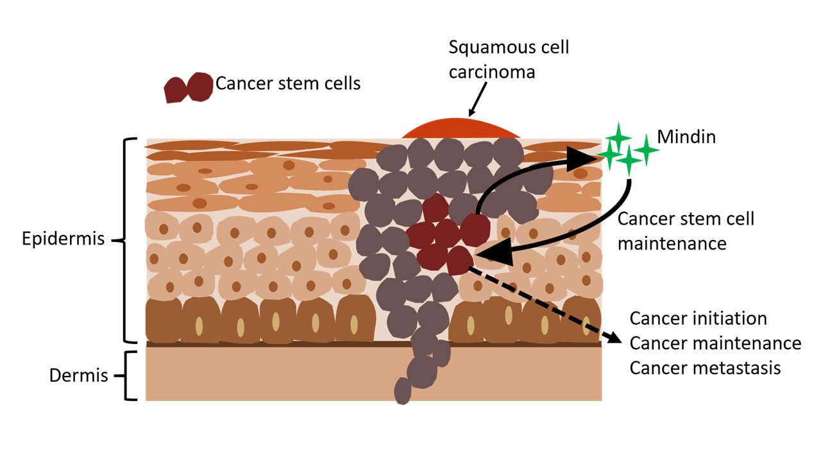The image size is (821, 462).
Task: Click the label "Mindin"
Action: click(686, 137)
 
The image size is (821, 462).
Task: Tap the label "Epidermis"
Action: click(63, 239)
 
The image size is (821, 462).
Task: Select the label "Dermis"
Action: click(78, 375)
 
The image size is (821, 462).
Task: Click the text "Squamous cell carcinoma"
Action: click(499, 59)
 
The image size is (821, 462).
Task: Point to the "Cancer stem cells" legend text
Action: click(288, 83)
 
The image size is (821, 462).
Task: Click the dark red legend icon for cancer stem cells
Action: click(188, 88)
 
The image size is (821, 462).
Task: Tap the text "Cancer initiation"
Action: click(698, 319)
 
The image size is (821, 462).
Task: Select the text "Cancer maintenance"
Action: click(715, 343)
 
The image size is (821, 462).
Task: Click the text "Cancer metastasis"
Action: click(705, 368)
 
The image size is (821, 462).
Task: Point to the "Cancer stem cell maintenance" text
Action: click(685, 231)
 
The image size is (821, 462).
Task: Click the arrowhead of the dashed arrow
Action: click(615, 338)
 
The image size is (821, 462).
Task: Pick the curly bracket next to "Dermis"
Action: click(131, 375)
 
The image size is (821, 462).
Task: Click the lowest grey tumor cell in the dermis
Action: click(402, 391)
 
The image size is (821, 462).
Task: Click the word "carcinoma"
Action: click(492, 71)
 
